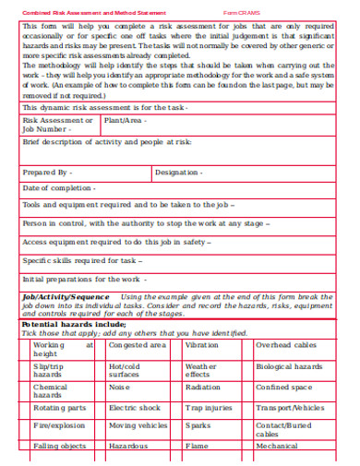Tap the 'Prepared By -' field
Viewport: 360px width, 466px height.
click(x=47, y=173)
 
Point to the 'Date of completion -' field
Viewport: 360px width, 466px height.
click(x=58, y=188)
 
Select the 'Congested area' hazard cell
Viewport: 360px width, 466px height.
click(x=138, y=345)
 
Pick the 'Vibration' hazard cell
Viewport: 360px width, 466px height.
click(x=202, y=345)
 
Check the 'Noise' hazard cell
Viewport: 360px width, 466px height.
click(x=120, y=388)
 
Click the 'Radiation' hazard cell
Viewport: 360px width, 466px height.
click(x=203, y=388)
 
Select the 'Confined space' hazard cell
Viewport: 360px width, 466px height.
click(x=284, y=388)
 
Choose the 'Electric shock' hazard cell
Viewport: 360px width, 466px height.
click(x=135, y=407)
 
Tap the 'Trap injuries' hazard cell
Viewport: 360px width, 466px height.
click(x=209, y=407)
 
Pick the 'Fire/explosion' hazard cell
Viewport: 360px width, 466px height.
click(x=59, y=425)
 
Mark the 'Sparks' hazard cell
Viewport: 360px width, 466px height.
click(x=198, y=425)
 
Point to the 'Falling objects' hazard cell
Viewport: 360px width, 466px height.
click(x=60, y=446)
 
